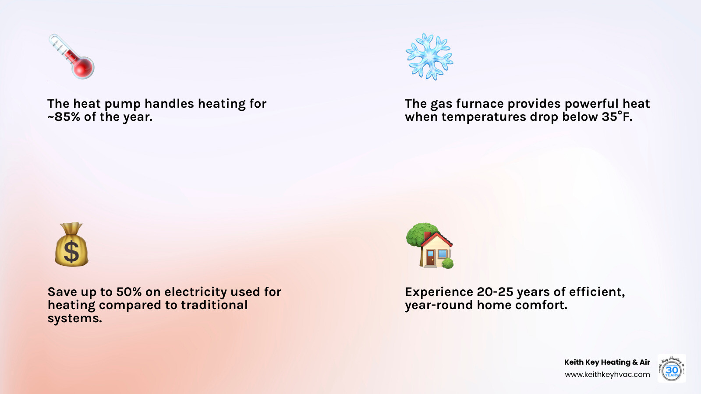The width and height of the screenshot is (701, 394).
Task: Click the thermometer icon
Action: point(71,56)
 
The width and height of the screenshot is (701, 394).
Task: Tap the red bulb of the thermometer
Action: point(83,68)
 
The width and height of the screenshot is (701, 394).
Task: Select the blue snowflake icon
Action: point(429,56)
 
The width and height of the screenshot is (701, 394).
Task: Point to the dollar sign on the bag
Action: point(71,252)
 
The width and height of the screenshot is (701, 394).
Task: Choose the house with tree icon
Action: point(430,246)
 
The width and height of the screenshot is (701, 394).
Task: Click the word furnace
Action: point(480,104)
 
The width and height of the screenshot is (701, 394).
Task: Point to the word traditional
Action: point(214,305)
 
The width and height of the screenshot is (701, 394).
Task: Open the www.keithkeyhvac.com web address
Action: point(607,375)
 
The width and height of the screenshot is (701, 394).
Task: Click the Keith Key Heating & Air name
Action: point(607,362)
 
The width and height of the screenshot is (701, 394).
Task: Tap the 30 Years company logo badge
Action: point(672,369)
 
